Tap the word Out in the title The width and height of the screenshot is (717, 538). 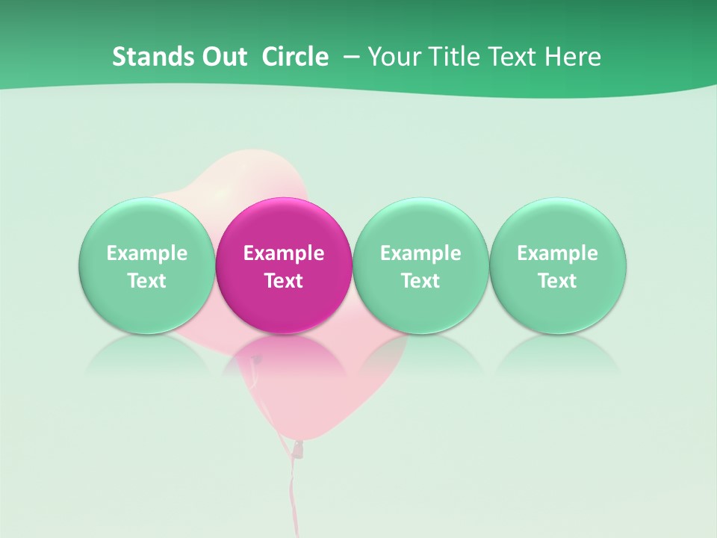pyautogui.click(x=222, y=57)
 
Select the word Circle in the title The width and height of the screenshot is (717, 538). pyautogui.click(x=295, y=57)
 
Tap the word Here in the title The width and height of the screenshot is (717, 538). pyautogui.click(x=574, y=57)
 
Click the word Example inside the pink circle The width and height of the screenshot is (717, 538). pyautogui.click(x=284, y=253)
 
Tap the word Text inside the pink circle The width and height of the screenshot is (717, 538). pyautogui.click(x=284, y=281)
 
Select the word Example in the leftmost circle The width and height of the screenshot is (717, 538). pyautogui.click(x=146, y=253)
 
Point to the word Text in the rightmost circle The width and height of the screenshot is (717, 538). pyautogui.click(x=558, y=281)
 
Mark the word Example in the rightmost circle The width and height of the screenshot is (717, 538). pyautogui.click(x=558, y=253)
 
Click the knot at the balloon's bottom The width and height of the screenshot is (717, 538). pyautogui.click(x=298, y=448)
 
